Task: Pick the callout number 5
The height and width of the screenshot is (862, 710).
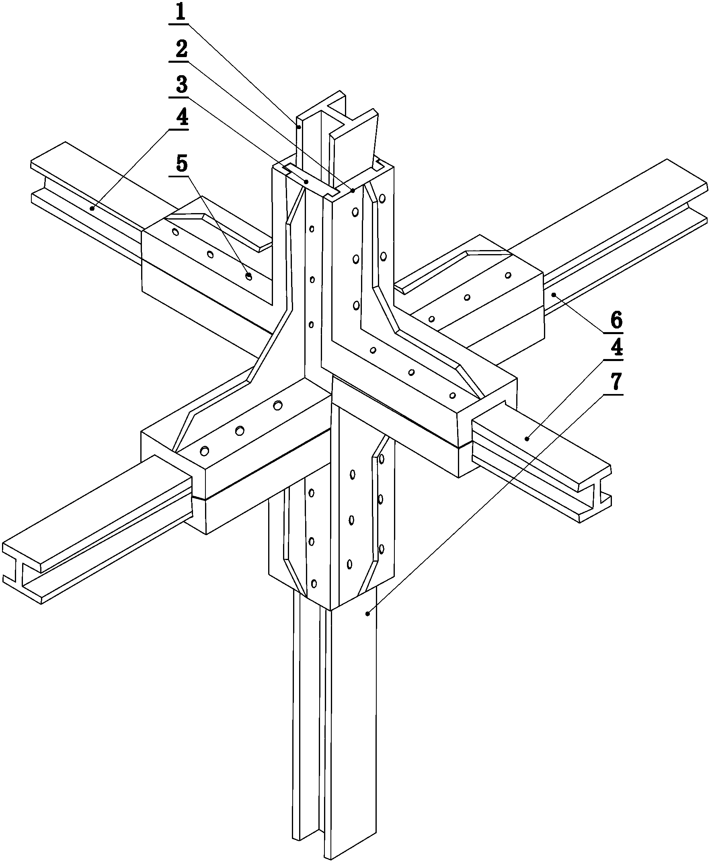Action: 181,164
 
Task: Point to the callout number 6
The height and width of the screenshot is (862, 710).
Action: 616,320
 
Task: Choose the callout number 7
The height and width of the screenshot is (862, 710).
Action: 616,381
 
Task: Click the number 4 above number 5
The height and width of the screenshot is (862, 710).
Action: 181,118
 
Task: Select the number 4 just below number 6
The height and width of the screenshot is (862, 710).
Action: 616,348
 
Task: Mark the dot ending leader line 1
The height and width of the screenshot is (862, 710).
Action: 299,127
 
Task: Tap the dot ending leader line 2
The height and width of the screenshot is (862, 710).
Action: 353,191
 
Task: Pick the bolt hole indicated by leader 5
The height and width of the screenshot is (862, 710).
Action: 248,277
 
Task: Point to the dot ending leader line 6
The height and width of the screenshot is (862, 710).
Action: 553,294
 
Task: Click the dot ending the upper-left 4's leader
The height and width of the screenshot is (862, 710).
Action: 92,208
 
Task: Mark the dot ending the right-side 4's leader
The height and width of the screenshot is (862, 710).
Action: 527,439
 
